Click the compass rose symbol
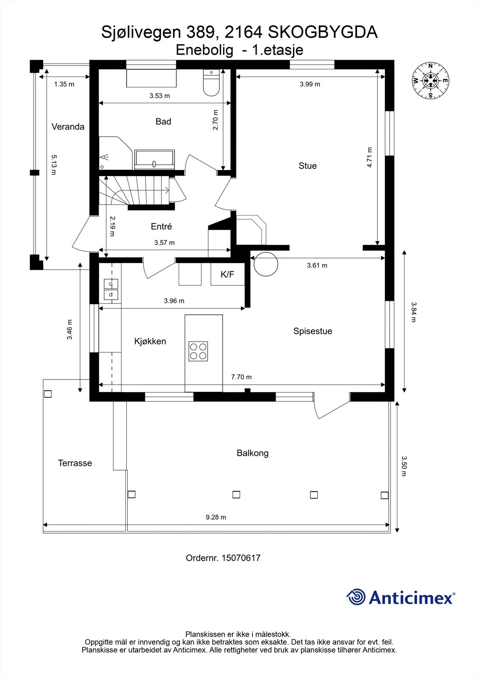[430, 81]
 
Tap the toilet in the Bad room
[211, 83]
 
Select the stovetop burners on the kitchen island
[198, 351]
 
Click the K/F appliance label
[227, 275]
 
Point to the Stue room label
[307, 165]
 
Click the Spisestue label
[313, 331]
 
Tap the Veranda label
[68, 127]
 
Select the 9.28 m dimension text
[216, 517]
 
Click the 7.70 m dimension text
[241, 377]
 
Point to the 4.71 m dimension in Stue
[369, 157]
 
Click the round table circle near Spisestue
[266, 264]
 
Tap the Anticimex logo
[400, 597]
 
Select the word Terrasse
[75, 463]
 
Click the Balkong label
[252, 453]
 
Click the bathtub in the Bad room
[154, 159]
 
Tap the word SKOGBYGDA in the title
[323, 32]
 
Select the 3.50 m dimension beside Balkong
[404, 466]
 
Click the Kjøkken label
[150, 341]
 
